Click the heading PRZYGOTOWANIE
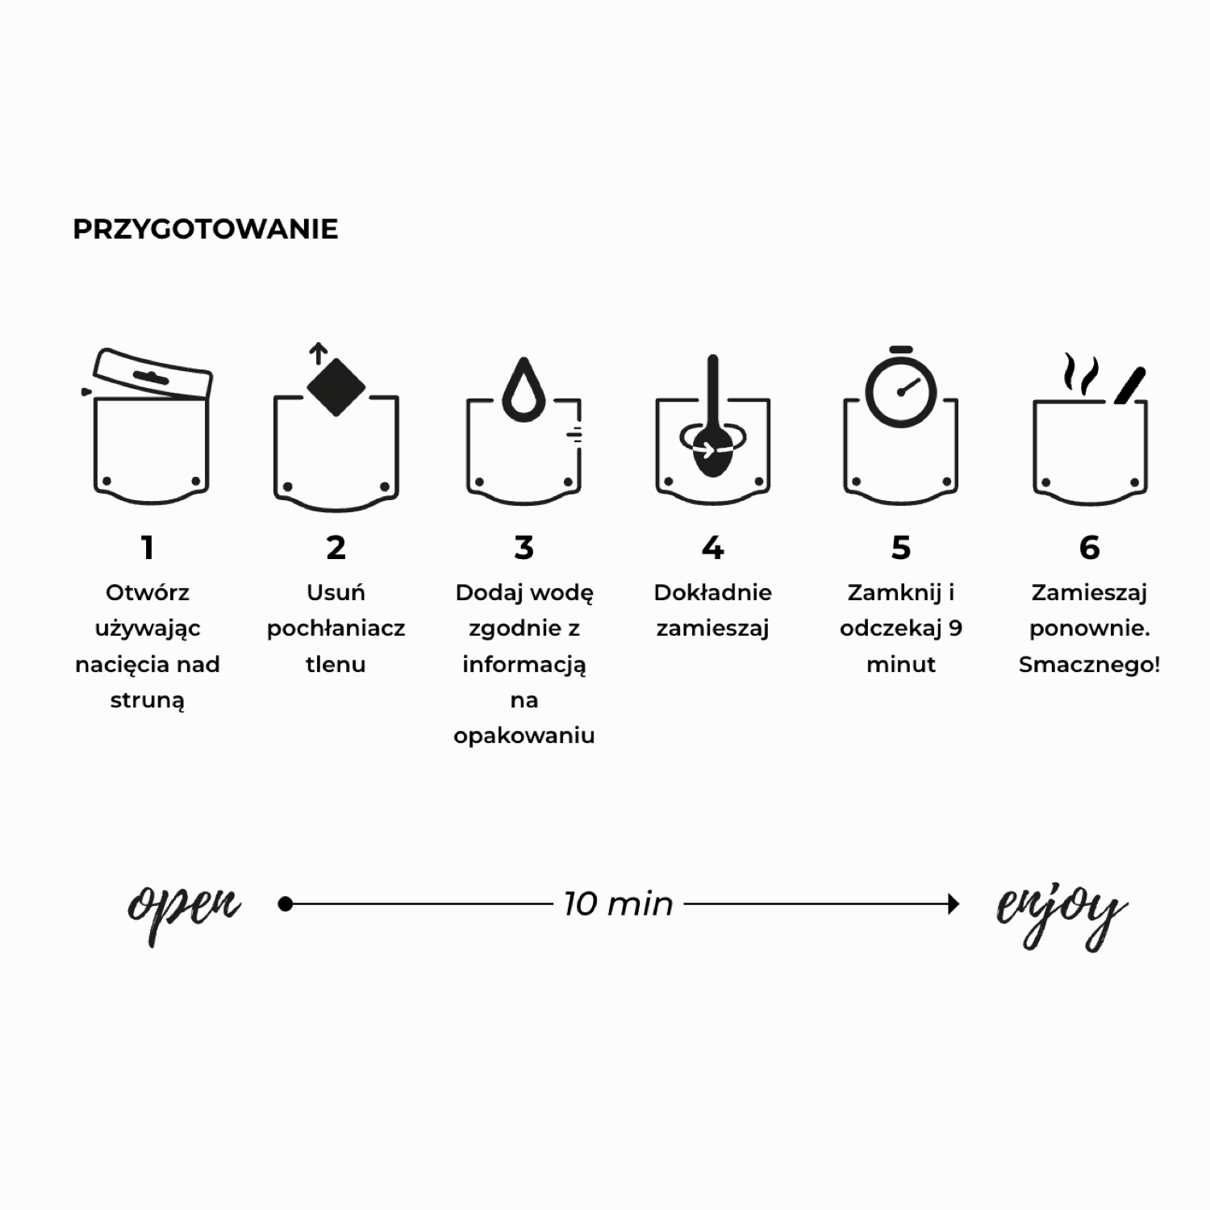pyautogui.click(x=206, y=229)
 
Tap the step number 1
pyautogui.click(x=148, y=548)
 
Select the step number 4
pyautogui.click(x=712, y=548)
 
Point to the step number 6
pyautogui.click(x=1089, y=548)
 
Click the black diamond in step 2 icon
pyautogui.click(x=336, y=386)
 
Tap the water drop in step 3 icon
pyautogui.click(x=524, y=390)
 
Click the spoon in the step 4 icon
pyautogui.click(x=712, y=419)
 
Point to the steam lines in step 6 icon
pyautogui.click(x=1081, y=373)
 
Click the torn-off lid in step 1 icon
pyautogui.click(x=153, y=374)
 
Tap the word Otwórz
pyautogui.click(x=148, y=593)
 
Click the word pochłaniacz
pyautogui.click(x=336, y=628)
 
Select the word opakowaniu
pyautogui.click(x=524, y=736)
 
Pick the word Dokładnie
pyautogui.click(x=712, y=593)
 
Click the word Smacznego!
pyautogui.click(x=1089, y=665)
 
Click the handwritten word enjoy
pyautogui.click(x=1062, y=916)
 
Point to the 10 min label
pyautogui.click(x=618, y=904)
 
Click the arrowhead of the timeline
pyautogui.click(x=953, y=904)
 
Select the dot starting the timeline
pyautogui.click(x=285, y=904)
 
